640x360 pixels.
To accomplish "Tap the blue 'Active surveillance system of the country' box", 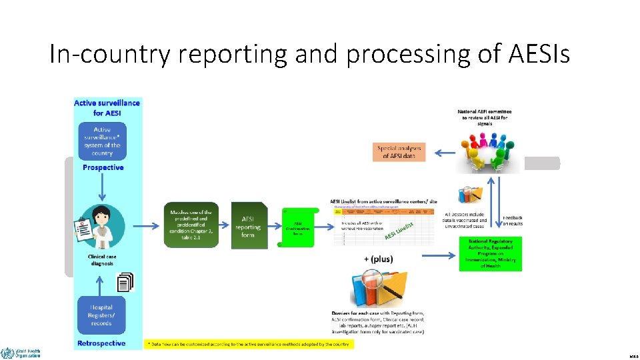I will point(102,141).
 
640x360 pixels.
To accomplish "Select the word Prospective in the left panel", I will point(103,167).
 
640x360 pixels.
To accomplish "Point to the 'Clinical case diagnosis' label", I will point(102,259).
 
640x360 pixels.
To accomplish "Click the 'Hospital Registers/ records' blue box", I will point(102,315).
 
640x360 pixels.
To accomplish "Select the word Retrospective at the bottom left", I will point(102,343).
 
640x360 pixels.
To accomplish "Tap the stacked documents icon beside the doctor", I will point(125,283).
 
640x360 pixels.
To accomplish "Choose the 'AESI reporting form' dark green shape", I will point(249,225).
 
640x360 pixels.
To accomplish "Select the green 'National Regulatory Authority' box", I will point(490,253).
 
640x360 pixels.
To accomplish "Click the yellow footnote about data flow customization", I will point(249,344).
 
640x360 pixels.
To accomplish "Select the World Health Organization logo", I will point(20,352).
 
